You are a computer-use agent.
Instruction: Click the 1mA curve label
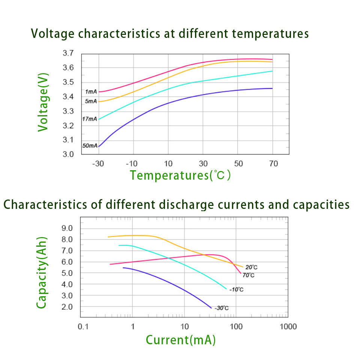pos(91,92)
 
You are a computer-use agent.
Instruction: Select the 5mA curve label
pos(91,101)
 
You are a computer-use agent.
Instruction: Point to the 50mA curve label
pos(90,145)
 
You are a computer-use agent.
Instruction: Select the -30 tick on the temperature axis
pos(99,164)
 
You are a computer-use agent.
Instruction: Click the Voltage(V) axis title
pos(43,102)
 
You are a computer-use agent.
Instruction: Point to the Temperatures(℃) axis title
pos(180,175)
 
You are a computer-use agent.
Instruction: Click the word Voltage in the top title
pos(53,34)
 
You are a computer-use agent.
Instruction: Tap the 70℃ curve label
pos(248,276)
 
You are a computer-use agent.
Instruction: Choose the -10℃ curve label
pos(236,289)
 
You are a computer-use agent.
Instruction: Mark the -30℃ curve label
pos(222,308)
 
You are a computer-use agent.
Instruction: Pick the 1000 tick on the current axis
pos(288,327)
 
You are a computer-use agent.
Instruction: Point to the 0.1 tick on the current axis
pos(83,327)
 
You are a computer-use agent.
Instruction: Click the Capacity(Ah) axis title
pos(42,273)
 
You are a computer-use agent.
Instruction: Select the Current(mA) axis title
pos(180,340)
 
